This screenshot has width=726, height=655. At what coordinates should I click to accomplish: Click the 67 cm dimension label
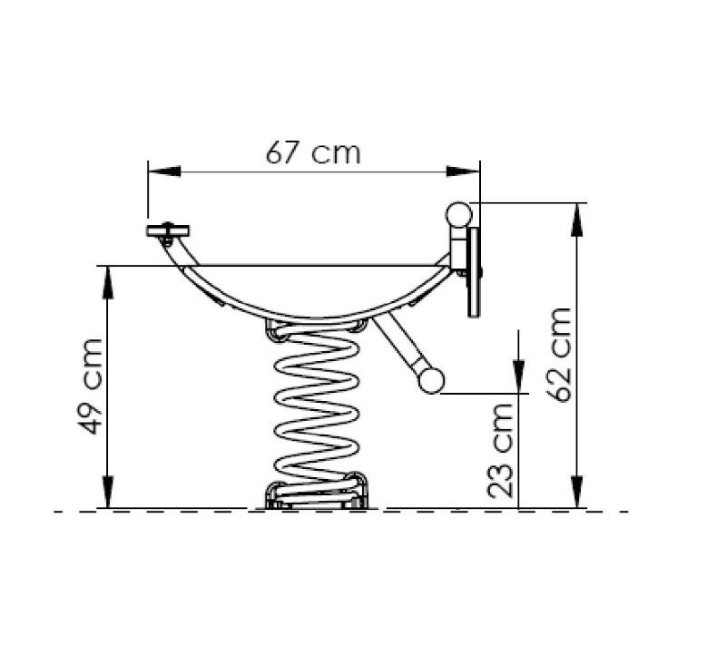click(x=313, y=152)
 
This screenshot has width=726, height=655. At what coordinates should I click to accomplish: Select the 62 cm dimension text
click(x=559, y=354)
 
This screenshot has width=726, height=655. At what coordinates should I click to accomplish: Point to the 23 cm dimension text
click(x=501, y=451)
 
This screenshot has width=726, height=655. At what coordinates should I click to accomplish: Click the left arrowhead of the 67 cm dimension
click(x=164, y=171)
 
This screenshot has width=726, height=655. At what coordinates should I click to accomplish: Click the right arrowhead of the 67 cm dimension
click(x=463, y=171)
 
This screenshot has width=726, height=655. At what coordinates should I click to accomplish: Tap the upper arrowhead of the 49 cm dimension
click(x=107, y=282)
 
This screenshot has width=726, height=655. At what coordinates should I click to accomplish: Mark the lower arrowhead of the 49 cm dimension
click(x=107, y=492)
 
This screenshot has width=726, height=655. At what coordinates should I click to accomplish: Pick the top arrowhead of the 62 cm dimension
click(x=576, y=220)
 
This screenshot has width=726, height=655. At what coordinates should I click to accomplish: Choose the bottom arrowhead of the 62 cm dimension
click(x=576, y=492)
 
